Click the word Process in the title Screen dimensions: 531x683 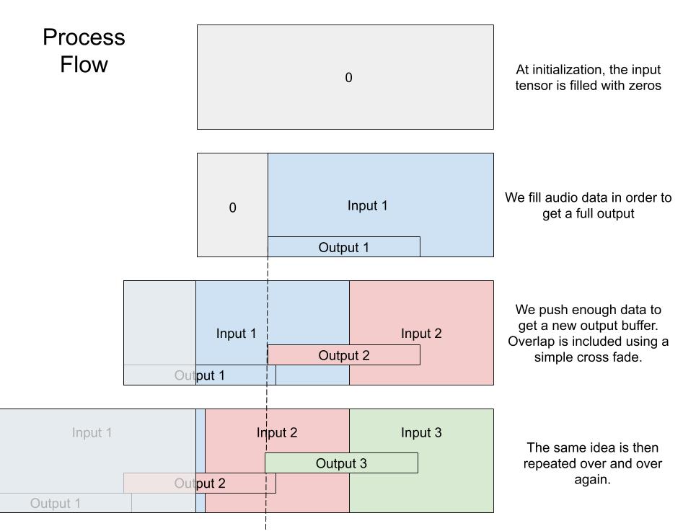click(x=84, y=37)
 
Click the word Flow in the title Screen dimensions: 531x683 click(x=84, y=65)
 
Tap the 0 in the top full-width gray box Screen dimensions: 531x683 click(x=348, y=78)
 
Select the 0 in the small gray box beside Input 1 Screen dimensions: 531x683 click(x=232, y=208)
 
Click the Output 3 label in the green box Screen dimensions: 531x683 click(x=341, y=463)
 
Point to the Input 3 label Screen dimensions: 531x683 click(x=421, y=433)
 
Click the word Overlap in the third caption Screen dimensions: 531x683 click(x=532, y=341)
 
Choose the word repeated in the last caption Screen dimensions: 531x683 click(x=554, y=463)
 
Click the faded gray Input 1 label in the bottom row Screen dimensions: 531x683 click(x=92, y=433)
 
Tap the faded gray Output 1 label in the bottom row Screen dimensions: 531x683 click(x=56, y=503)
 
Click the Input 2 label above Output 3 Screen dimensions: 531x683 click(x=277, y=433)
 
